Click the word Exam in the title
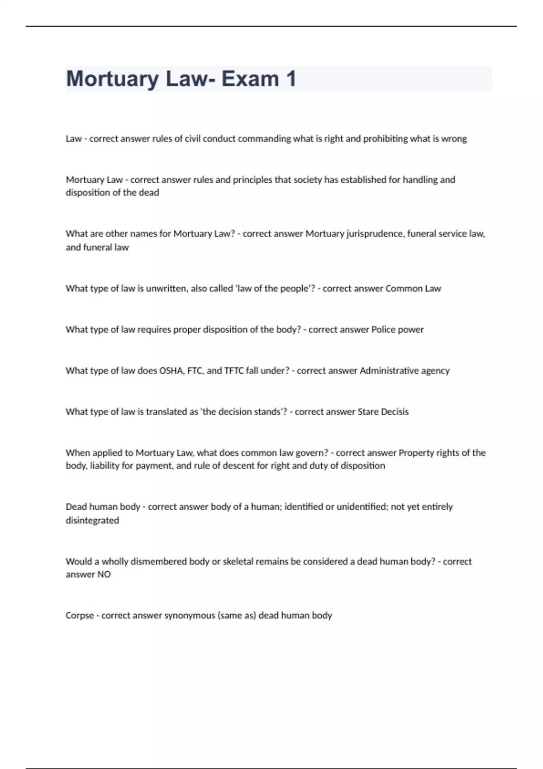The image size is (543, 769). [x=250, y=79]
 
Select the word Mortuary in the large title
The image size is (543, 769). [x=112, y=79]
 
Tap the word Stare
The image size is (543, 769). [x=368, y=412]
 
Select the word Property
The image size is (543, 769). [x=416, y=453]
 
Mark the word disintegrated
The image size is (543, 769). [x=92, y=521]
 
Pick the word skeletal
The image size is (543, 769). [x=237, y=561]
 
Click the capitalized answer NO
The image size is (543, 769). [x=104, y=574]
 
